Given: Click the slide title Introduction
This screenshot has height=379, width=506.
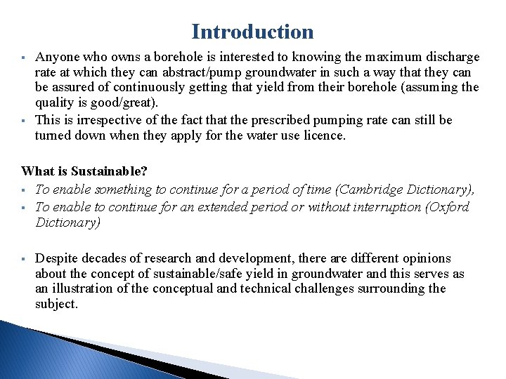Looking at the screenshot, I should pos(252,32).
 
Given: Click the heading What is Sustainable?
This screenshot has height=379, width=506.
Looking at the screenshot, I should pos(84,171).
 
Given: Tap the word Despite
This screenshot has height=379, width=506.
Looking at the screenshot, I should pos(56,258).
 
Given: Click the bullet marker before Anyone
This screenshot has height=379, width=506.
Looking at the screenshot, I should pos(25,58).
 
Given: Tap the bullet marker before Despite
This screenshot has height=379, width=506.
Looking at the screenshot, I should pos(25,259).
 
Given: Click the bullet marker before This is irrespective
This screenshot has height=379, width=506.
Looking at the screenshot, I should pos(25,120).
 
